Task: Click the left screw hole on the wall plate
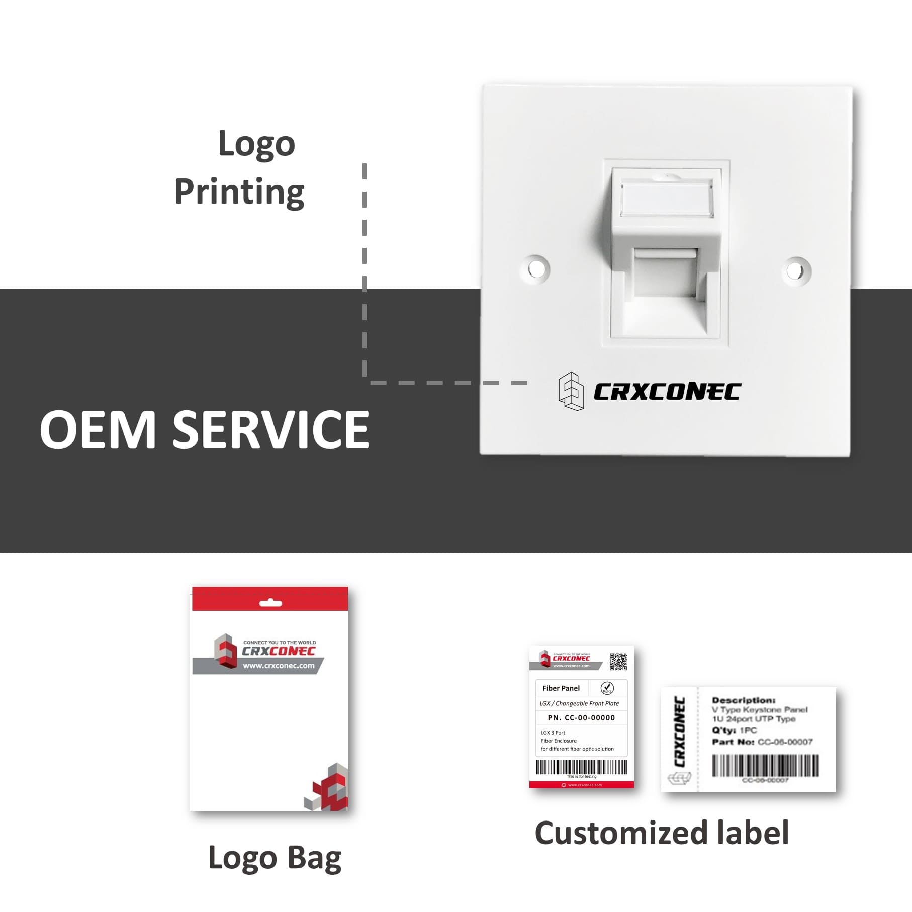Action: coord(536,269)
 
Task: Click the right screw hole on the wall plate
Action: coord(796,270)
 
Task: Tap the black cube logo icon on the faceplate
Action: coord(571,391)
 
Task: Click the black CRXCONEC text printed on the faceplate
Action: coord(667,392)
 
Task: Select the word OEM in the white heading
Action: coord(98,430)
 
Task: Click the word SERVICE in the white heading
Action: coord(271,430)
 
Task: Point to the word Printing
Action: coord(239,192)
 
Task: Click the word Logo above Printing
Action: coord(256,144)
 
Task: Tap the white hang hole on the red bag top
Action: coord(270,603)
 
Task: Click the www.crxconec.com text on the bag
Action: coord(279,666)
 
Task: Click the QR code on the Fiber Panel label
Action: coord(618,662)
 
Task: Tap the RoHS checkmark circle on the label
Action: coord(607,688)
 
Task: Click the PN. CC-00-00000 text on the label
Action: coord(581,718)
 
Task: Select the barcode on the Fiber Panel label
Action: coord(581,767)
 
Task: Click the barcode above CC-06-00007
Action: coord(765,766)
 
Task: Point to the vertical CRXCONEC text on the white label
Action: coord(679,732)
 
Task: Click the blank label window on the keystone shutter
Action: coord(667,199)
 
